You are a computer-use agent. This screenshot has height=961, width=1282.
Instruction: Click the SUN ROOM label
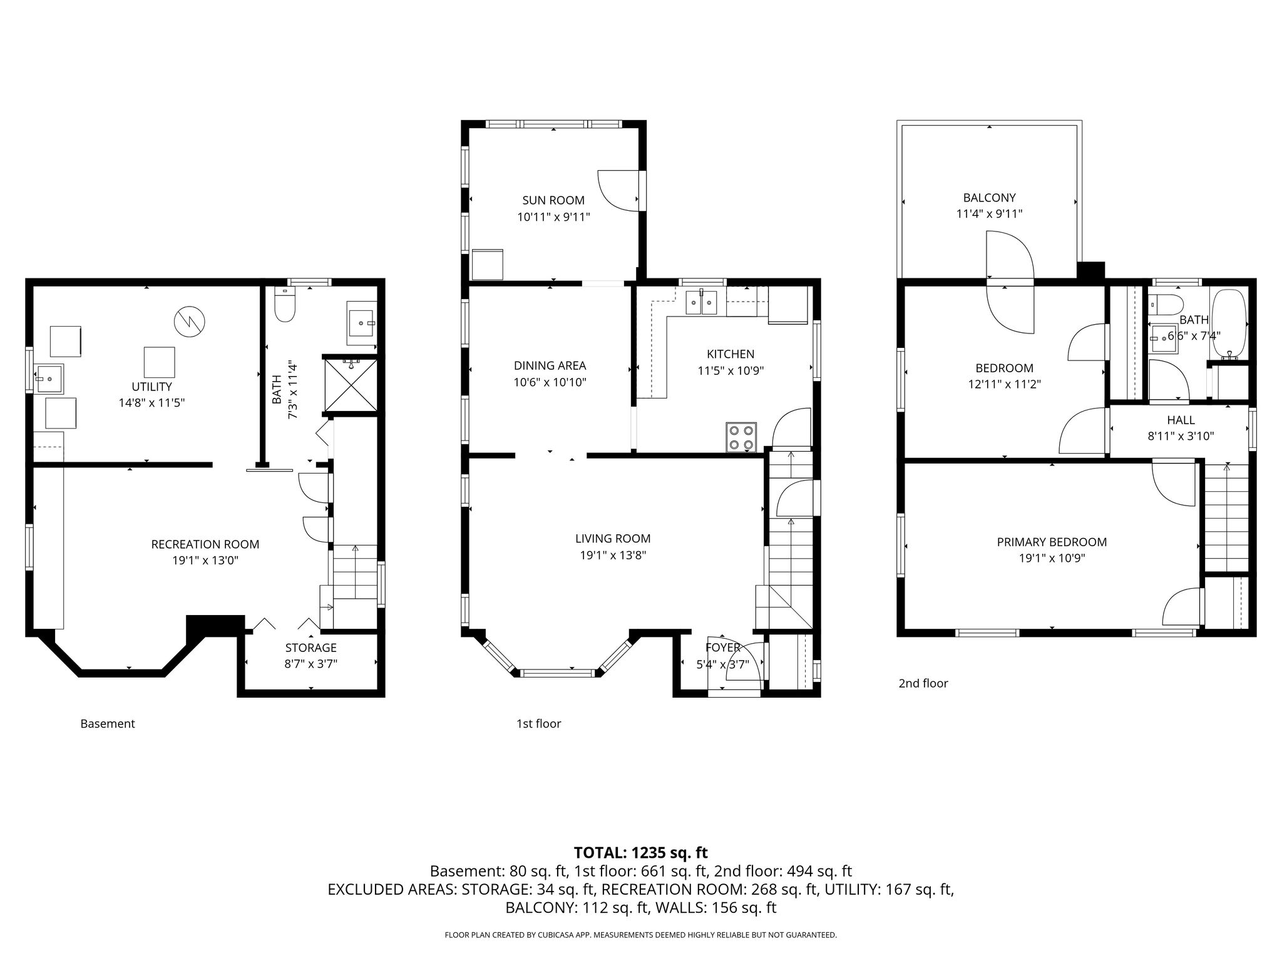coord(553,200)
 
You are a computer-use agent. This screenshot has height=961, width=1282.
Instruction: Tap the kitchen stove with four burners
coord(742,437)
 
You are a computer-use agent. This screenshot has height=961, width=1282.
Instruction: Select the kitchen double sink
coord(701,302)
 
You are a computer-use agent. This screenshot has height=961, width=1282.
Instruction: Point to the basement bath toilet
coord(285,305)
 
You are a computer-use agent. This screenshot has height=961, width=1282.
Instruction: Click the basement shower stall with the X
coord(350,385)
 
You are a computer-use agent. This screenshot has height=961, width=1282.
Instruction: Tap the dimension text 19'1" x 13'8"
coord(613,555)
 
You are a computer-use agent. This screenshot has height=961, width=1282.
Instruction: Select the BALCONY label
coord(990,198)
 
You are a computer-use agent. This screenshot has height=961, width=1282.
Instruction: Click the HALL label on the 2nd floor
coord(1181,420)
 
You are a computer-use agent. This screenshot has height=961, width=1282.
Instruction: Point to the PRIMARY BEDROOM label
coord(1052,542)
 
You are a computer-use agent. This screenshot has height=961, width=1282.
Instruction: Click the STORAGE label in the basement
coord(310,648)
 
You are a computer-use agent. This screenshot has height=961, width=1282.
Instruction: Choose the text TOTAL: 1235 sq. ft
coord(641,853)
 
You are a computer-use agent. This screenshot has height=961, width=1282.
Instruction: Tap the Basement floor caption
coord(108,724)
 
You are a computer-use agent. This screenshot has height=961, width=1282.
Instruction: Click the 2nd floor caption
coord(923,684)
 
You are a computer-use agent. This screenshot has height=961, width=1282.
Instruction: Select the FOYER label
coord(723,648)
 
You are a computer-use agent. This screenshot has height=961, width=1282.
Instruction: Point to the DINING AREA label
coord(550,365)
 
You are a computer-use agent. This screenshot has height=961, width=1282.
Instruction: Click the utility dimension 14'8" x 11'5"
coord(152,403)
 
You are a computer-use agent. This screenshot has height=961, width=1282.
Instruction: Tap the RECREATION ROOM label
coord(205,544)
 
